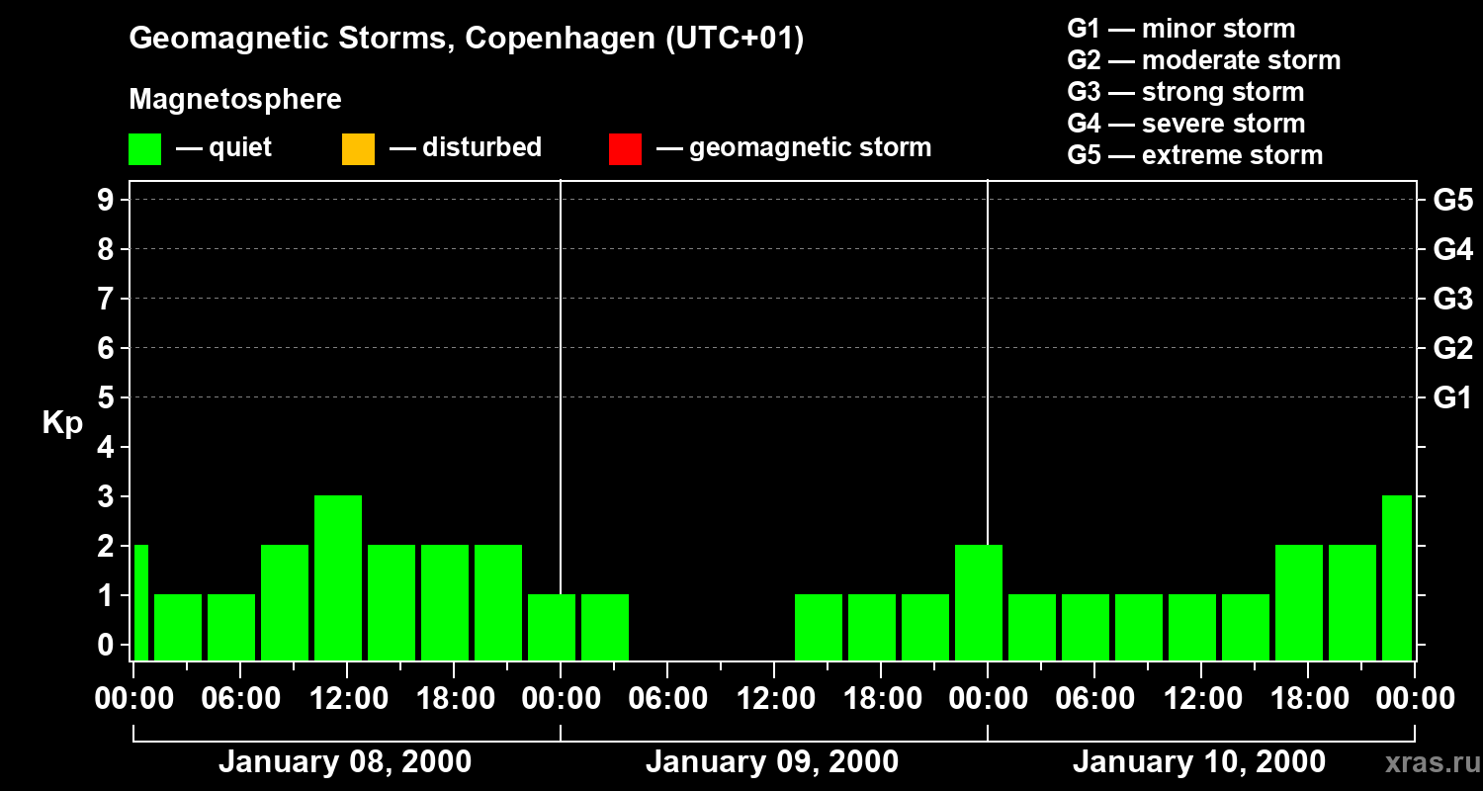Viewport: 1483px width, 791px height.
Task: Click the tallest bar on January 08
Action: coord(338,577)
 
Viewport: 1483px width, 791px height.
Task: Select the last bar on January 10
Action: coord(1397,577)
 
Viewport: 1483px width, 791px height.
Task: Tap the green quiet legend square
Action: coord(144,149)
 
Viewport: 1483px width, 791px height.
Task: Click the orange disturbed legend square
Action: coord(358,149)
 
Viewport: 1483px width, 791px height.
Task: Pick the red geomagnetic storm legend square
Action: coord(625,149)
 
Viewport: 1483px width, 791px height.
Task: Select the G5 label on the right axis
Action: coord(1452,200)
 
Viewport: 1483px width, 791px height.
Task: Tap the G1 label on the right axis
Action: coord(1452,397)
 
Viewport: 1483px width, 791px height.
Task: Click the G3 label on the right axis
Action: coord(1452,299)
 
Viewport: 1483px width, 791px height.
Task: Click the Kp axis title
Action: coord(62,423)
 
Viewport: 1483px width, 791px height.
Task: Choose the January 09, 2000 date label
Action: coord(772,762)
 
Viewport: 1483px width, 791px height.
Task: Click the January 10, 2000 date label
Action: coord(1199,762)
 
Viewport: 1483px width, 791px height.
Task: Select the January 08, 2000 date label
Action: coord(345,762)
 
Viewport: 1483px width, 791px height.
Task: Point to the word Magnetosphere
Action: coord(235,100)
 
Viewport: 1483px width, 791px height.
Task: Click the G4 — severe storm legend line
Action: coord(1186,124)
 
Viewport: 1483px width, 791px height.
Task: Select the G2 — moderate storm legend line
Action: coord(1204,60)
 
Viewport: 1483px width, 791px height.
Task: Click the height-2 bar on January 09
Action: coord(979,602)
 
